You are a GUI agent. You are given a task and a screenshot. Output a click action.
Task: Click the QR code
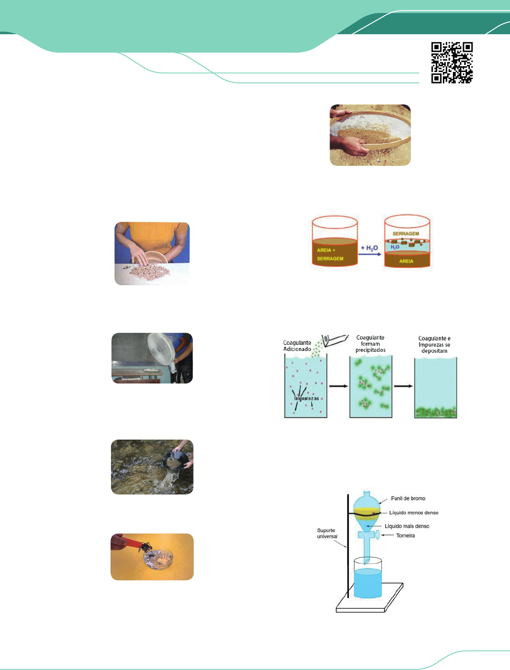[452, 63]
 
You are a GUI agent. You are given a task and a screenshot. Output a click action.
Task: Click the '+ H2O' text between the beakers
[369, 248]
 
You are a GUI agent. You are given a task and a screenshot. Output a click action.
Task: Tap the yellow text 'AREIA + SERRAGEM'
[330, 254]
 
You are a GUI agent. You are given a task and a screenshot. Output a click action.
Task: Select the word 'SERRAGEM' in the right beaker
[406, 233]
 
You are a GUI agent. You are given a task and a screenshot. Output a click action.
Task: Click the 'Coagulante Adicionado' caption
[297, 346]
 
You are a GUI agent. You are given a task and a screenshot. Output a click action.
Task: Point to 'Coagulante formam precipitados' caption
[370, 344]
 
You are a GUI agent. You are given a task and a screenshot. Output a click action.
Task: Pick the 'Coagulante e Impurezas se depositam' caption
[434, 344]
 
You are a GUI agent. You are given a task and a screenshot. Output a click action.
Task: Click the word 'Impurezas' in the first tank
[306, 398]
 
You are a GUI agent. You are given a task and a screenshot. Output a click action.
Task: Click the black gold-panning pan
[175, 461]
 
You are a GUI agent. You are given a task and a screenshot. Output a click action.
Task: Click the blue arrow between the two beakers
[370, 254]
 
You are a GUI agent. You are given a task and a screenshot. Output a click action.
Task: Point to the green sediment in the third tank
[435, 412]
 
